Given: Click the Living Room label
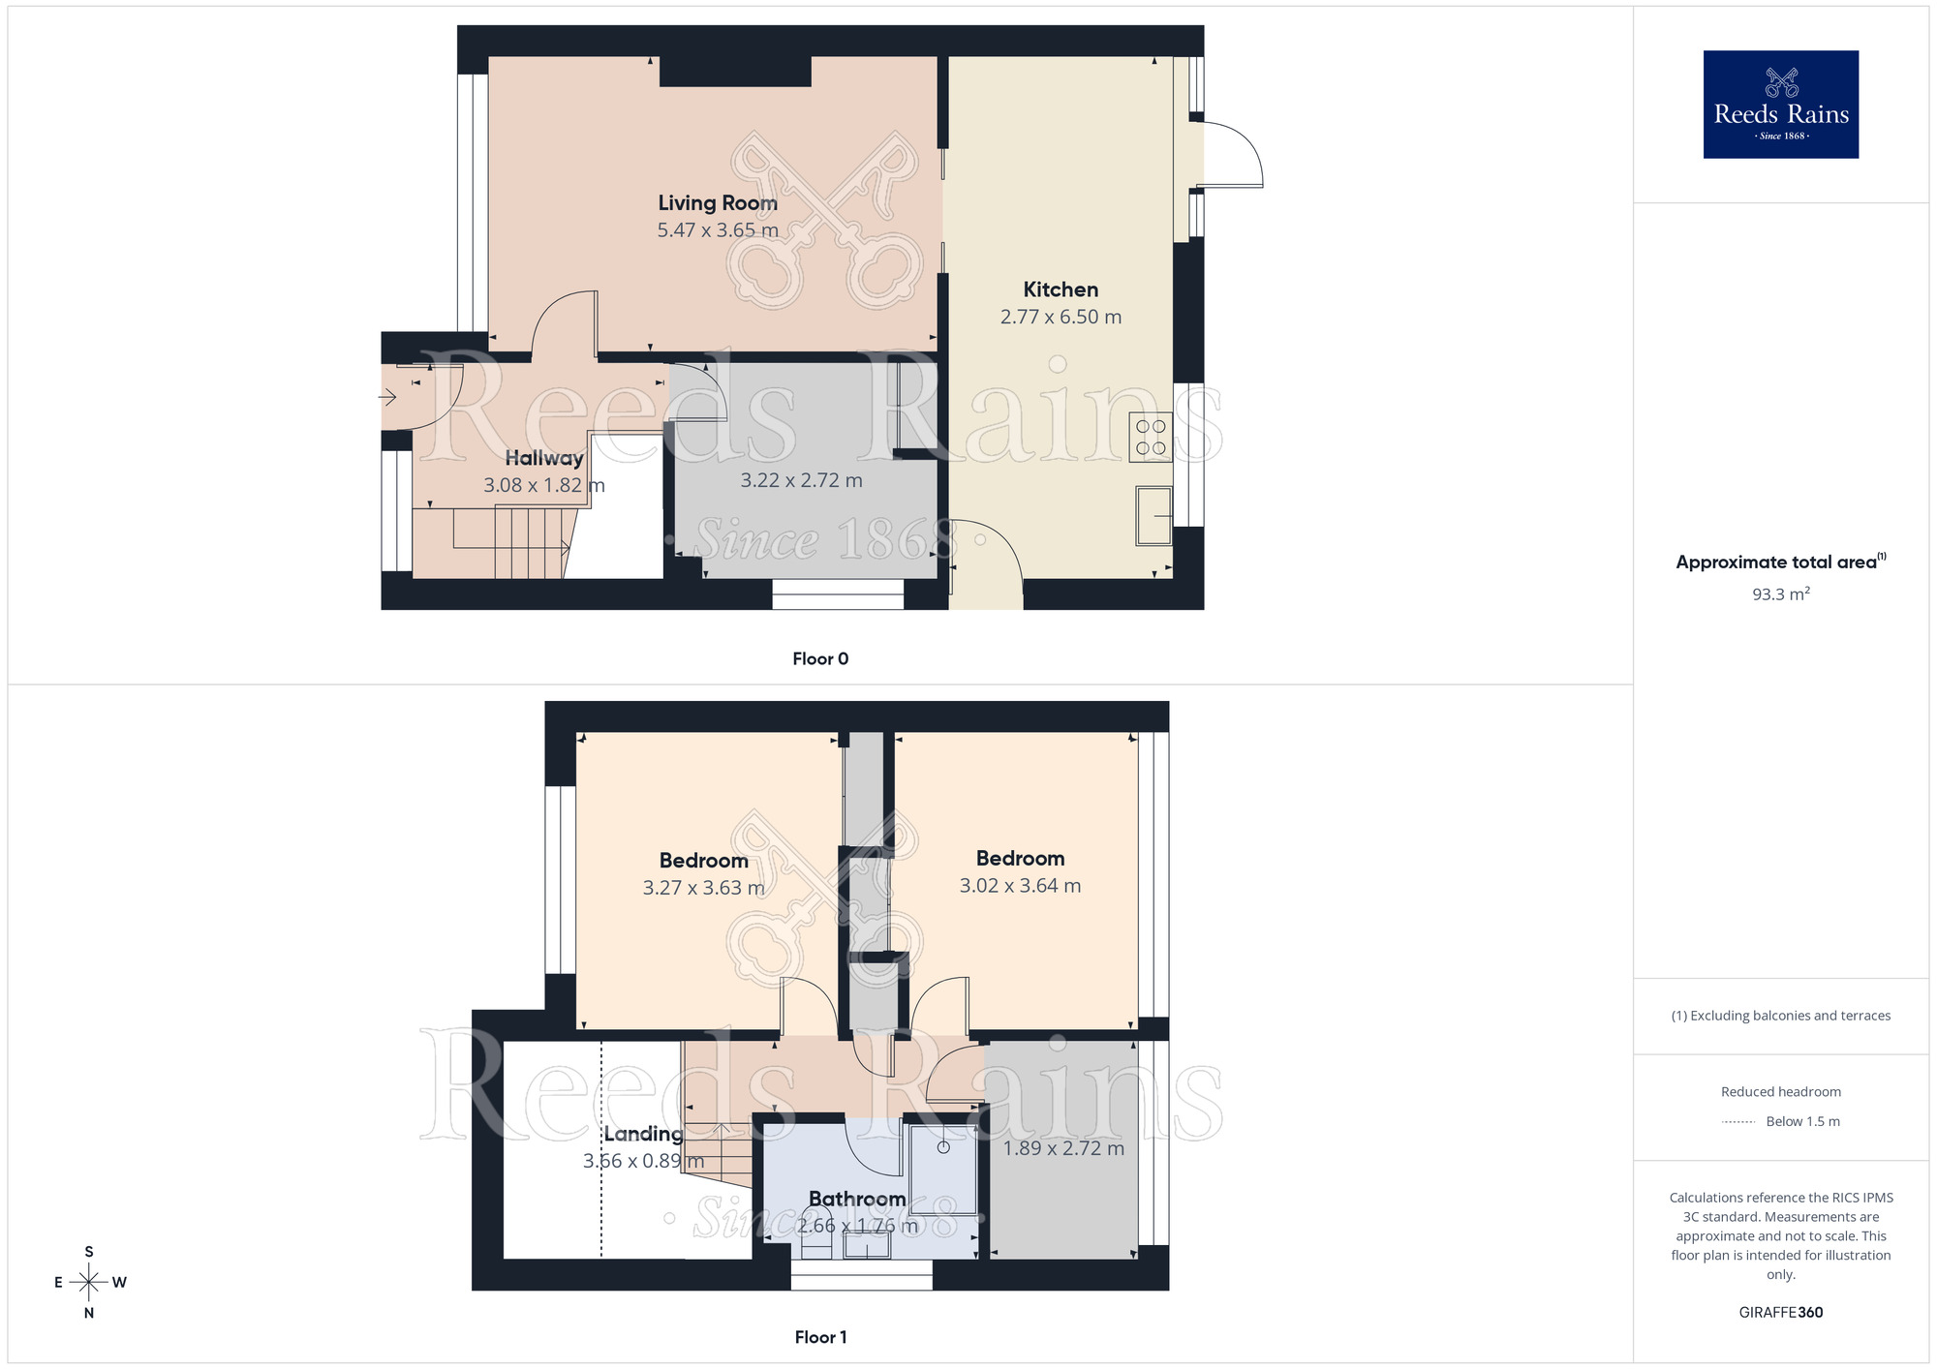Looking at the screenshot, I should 718,203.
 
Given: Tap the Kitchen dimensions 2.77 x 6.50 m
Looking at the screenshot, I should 1061,317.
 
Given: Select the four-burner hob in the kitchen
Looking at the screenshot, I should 1151,437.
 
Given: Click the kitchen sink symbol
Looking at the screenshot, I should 1154,515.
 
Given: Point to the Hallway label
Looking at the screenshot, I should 544,458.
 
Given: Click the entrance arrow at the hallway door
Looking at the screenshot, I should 387,397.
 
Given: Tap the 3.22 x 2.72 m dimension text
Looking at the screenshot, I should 801,480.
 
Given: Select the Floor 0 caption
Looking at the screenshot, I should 820,659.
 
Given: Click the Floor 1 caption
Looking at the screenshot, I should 820,1337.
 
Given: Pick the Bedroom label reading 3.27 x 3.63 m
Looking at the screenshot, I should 704,861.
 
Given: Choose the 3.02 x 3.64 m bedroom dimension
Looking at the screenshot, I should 1020,886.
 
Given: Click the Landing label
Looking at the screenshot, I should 643,1134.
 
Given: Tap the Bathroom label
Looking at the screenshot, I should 857,1200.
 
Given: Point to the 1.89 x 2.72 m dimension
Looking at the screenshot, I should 1063,1148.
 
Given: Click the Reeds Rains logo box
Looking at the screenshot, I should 1780,105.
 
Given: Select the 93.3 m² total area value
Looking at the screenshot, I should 1780,594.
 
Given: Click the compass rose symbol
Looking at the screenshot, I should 89,1283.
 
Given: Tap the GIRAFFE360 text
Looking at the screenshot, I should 1780,1313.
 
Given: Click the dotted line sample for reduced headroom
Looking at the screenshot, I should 1738,1122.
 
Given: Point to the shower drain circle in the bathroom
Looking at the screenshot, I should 943,1148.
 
